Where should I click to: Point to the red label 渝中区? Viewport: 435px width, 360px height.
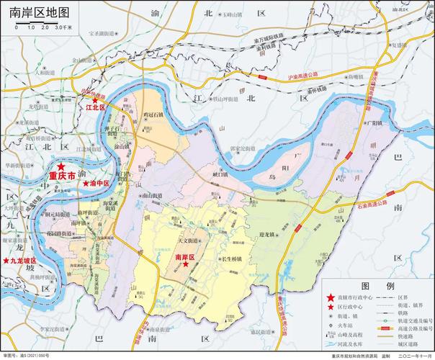[x=98, y=184]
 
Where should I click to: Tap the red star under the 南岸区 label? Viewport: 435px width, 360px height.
[x=186, y=264]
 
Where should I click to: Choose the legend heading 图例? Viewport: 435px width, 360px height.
[x=377, y=286]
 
